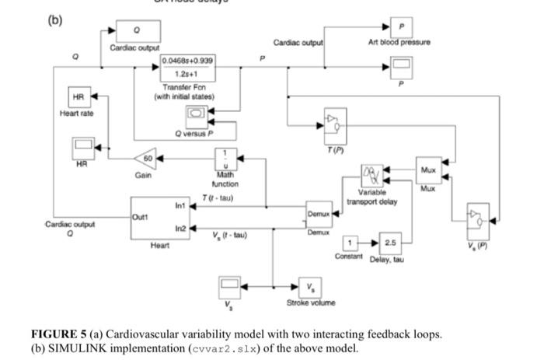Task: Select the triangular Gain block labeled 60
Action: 145,159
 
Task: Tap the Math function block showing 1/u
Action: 225,159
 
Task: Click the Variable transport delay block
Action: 371,176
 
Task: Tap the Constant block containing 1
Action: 351,243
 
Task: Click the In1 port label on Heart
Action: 181,207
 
